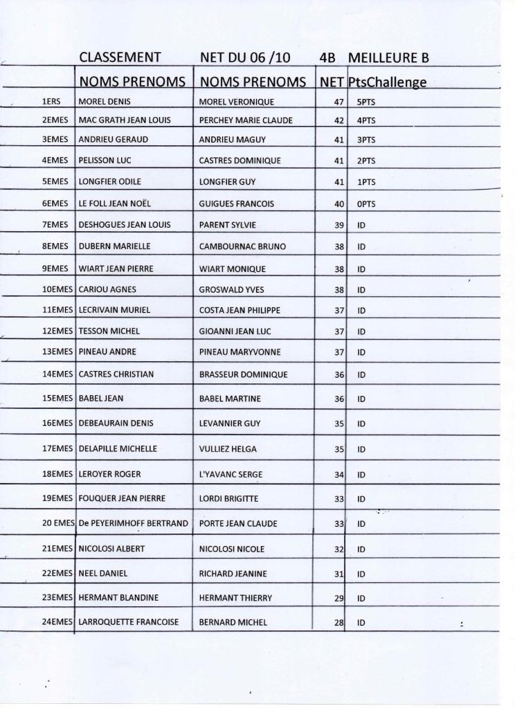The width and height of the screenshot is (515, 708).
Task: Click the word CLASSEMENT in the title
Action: pos(120,57)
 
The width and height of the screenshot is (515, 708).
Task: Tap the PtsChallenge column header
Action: pos(387,82)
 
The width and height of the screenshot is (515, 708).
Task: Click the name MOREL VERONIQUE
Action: pos(236,102)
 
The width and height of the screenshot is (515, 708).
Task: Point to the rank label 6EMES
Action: pos(55,203)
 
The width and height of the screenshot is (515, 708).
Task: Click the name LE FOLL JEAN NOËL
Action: pos(114,203)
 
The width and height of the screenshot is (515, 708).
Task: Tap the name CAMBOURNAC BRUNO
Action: pos(242,246)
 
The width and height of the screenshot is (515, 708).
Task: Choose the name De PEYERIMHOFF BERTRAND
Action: pos(133,523)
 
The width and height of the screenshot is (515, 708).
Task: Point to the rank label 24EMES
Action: pos(57,622)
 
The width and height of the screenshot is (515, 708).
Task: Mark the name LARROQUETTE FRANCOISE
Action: pos(129,622)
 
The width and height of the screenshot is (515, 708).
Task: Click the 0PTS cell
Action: pos(366,204)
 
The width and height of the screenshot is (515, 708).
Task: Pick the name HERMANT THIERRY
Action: pos(235,597)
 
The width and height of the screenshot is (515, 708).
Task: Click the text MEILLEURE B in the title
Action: pos(388,57)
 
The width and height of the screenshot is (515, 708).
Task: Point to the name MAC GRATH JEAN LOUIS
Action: pos(125,120)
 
